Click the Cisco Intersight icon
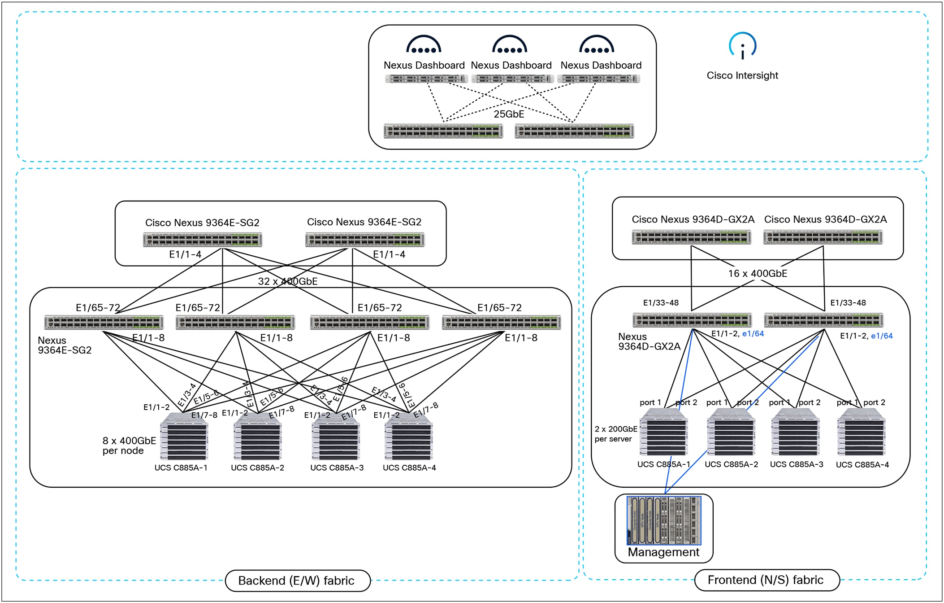point(742,46)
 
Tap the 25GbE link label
point(509,114)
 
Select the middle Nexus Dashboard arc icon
point(510,45)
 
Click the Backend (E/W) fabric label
point(297,581)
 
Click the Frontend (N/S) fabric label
point(766,580)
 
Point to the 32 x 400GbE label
point(287,281)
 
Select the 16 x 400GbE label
point(757,273)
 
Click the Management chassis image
point(663,520)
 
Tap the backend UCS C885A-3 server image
point(336,437)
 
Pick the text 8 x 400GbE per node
point(129,446)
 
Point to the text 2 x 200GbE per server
point(615,434)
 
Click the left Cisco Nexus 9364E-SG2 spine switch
point(203,240)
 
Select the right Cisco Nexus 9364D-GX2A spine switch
point(823,237)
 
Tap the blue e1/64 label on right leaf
point(881,336)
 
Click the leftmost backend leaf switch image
point(104,322)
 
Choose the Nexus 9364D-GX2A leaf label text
point(649,341)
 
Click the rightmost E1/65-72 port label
point(499,307)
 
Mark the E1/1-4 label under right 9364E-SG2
point(389,254)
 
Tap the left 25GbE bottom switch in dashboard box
point(443,131)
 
